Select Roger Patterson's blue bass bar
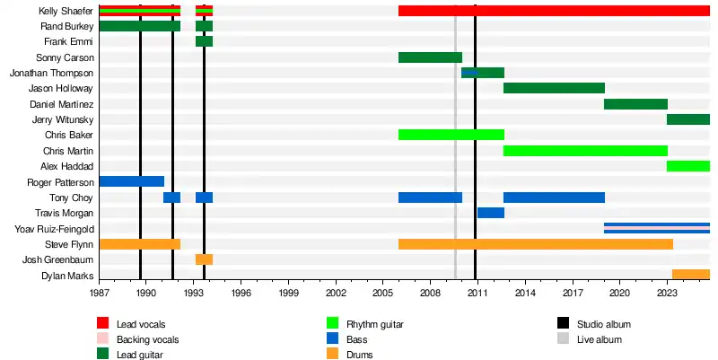(x=131, y=181)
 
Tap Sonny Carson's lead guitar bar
(x=430, y=57)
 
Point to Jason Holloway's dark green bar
(x=554, y=88)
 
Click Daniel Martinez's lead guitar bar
(x=635, y=104)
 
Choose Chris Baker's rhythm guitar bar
(x=451, y=135)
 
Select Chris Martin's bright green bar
(x=585, y=150)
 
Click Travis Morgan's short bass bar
(x=490, y=213)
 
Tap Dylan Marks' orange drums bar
(x=690, y=275)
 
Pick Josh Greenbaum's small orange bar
(x=204, y=259)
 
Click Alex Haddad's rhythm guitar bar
(x=688, y=166)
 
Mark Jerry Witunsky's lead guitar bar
(x=688, y=119)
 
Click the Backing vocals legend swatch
(x=103, y=339)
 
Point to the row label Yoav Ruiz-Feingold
(x=55, y=228)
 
